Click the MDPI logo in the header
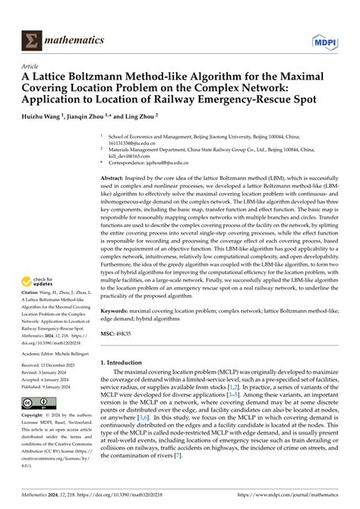(x=328, y=38)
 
